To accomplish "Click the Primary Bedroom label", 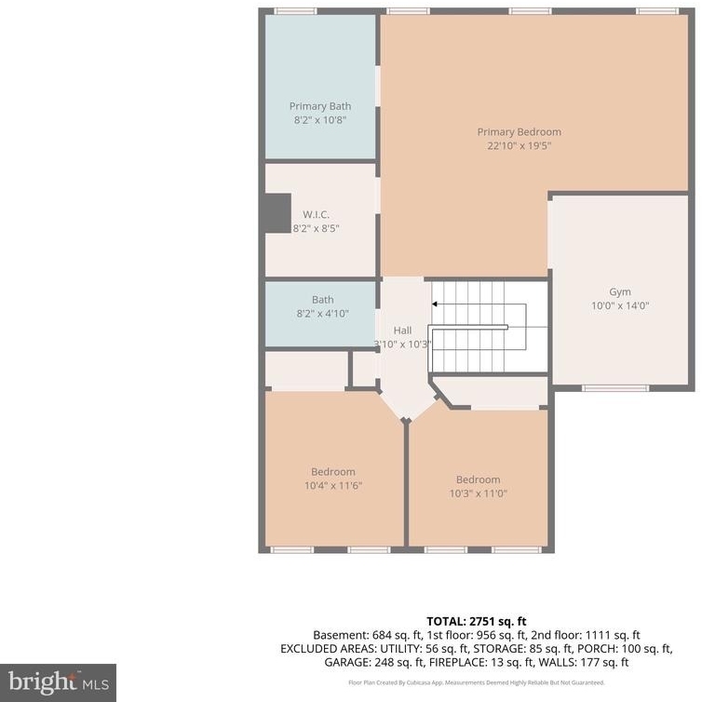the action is coord(519,132).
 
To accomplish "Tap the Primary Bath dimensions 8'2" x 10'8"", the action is coord(320,120).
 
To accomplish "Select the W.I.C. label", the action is coord(316,214).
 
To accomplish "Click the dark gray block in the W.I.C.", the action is coord(277,213).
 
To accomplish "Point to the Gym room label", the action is coord(620,292).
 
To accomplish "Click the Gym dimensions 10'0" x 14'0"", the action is coord(620,305).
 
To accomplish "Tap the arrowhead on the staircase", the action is coord(434,304).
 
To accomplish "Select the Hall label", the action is coord(402,331).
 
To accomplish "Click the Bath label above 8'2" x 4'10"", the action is coord(323,300).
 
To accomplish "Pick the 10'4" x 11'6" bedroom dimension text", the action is coord(333,486).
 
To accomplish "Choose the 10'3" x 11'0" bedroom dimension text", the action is coord(479,493).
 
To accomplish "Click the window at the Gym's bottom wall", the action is coord(615,388).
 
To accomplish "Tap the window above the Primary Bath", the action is coord(295,11).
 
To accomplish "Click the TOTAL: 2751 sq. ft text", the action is coord(477,621).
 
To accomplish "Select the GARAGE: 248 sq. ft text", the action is coord(374,663).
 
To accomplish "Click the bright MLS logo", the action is coord(59,682).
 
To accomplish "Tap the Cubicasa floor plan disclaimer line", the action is coord(477,682).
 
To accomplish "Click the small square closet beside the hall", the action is coord(363,369).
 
